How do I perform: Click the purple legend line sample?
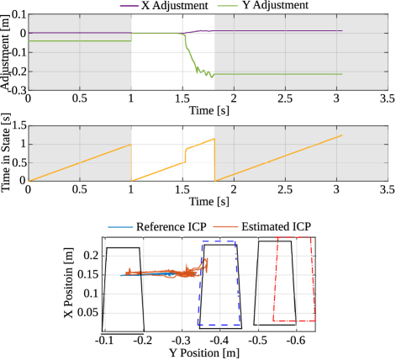coord(129,6)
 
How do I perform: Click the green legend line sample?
coord(227,6)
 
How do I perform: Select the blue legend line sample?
coord(120,227)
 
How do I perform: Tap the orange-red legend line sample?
coord(225,227)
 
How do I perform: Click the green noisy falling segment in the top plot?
coord(191,57)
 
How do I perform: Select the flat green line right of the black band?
coord(277,74)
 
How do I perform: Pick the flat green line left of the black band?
coord(80,40)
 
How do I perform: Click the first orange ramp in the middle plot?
coord(80,162)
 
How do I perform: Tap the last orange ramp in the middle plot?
coord(277,158)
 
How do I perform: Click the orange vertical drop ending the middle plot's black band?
coord(214,160)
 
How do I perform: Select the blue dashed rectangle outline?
coord(199,286)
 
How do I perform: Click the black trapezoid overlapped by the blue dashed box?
coord(239,286)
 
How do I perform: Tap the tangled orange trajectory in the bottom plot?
coord(181,273)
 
